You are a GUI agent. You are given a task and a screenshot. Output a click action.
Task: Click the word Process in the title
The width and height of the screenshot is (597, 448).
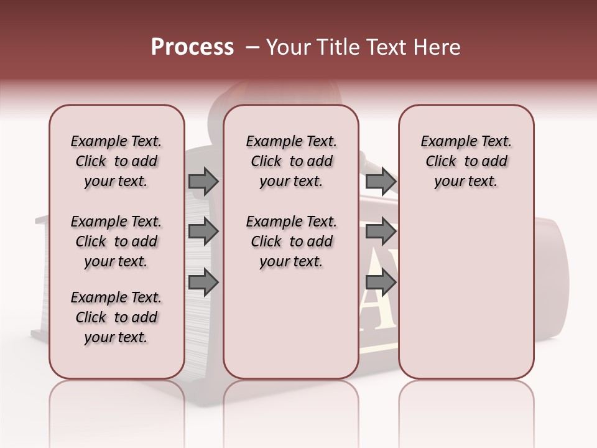(x=192, y=47)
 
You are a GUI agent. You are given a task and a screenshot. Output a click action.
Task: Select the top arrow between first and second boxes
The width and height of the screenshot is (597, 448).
(x=203, y=181)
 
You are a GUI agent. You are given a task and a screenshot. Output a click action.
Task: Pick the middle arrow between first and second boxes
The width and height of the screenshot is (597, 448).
(x=203, y=231)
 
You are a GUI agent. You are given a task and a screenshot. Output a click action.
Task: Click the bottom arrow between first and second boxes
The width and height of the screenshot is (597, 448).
(x=203, y=282)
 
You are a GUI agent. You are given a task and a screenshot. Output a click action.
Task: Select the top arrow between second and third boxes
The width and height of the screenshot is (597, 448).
(x=381, y=181)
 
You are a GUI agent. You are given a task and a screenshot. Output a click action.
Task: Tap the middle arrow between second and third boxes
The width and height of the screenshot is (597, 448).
(x=381, y=231)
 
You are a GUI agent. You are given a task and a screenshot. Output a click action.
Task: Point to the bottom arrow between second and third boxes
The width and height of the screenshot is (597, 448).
(x=381, y=282)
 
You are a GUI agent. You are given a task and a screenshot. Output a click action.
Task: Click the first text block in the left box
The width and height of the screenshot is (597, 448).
(x=116, y=161)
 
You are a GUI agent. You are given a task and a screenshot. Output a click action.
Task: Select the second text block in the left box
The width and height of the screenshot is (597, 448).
(x=116, y=241)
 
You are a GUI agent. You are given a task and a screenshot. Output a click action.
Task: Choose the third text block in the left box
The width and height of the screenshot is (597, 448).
(x=116, y=317)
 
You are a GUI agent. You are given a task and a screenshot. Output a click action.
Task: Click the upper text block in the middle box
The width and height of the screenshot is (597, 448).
(x=291, y=161)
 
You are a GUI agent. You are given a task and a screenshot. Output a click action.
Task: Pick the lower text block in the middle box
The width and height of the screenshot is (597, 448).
(x=291, y=241)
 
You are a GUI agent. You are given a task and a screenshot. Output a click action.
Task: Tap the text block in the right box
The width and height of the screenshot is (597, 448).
(x=466, y=161)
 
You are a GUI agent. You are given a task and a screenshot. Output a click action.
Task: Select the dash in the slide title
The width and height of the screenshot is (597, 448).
(x=252, y=47)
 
